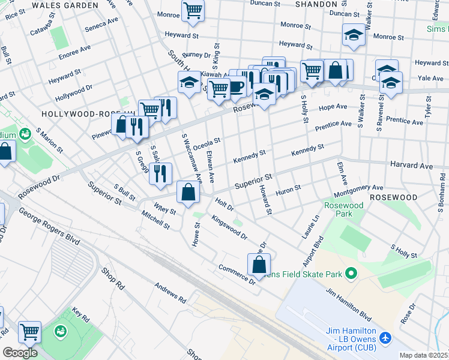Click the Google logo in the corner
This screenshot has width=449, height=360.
coord(20,353)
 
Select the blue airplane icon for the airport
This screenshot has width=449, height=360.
coord(385,338)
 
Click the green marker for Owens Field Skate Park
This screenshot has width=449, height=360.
coord(352,274)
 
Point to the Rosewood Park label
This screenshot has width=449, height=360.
coord(343,209)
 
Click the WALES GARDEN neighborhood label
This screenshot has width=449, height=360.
coord(65,5)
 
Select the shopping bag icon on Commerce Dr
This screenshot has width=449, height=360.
coord(259,263)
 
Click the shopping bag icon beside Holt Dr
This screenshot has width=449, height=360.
coord(188,191)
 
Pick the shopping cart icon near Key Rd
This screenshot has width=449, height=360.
coord(29,331)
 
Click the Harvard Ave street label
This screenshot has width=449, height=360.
coord(411,165)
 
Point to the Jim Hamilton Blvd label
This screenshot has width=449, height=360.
coord(349,303)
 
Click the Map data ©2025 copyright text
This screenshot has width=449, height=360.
coord(424,355)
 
